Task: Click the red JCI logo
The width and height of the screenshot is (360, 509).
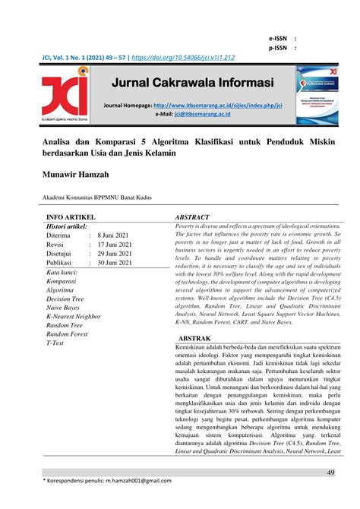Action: (65, 95)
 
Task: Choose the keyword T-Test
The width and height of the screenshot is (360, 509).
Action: (55, 343)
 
